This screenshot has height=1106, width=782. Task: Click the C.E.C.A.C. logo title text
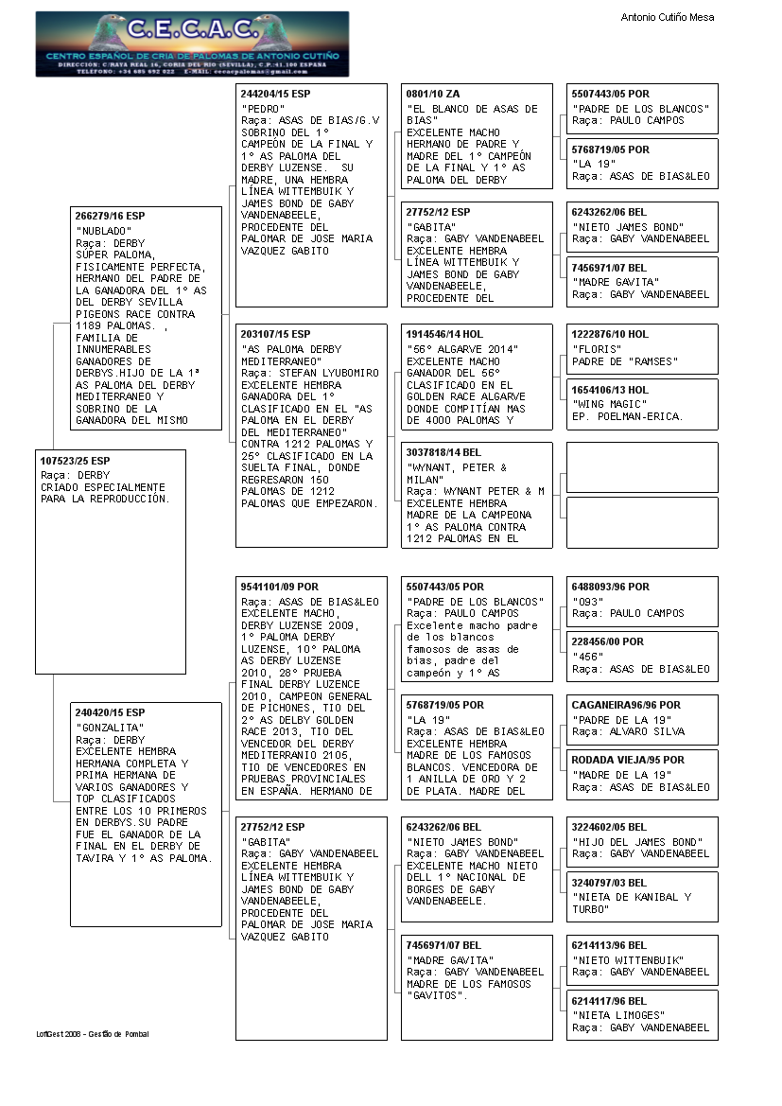coord(192,30)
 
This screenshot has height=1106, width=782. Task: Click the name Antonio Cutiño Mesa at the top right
coord(667,17)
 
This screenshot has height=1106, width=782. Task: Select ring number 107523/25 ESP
coord(75,460)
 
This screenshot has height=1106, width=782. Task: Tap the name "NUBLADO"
coord(104,231)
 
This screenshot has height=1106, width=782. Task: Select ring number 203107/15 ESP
coord(275,335)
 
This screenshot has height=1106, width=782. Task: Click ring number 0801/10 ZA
coord(433,94)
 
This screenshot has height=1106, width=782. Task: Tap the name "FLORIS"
coord(596,349)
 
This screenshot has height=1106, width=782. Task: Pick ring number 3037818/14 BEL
coord(443,453)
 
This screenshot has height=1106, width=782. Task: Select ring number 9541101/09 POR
coord(279,587)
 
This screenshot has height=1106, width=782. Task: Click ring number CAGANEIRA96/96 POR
coord(626,705)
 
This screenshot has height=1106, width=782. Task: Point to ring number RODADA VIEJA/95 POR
coord(628,760)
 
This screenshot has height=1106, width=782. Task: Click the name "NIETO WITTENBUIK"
coord(628,959)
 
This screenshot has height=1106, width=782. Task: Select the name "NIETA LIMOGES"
coord(618,1015)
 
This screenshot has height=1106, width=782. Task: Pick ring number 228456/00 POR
coord(607,641)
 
